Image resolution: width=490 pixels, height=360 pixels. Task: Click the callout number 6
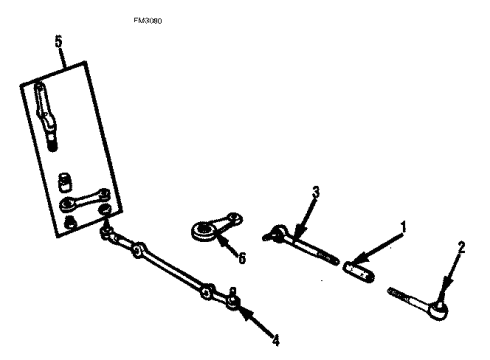tap(241, 257)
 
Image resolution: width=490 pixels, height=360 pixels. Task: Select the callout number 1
tap(402, 227)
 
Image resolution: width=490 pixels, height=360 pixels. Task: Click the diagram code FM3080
tap(147, 19)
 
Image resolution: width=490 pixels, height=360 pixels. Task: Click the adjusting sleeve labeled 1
tap(359, 267)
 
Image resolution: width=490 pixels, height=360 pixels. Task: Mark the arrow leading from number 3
tap(306, 216)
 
